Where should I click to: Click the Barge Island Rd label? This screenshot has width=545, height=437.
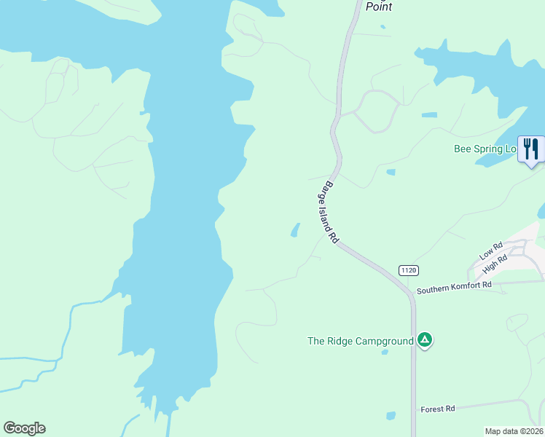tap(332, 212)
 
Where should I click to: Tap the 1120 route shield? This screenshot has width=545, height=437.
tap(408, 270)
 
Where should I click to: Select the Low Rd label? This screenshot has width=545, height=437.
tap(491, 252)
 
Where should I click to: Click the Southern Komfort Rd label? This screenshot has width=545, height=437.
tap(454, 288)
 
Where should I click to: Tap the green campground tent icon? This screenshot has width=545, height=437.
tap(425, 340)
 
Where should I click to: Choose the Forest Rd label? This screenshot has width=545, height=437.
tap(437, 409)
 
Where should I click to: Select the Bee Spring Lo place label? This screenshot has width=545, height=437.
tap(485, 149)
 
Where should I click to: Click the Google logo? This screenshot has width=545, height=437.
tap(24, 428)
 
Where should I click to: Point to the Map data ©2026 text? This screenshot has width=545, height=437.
tap(514, 431)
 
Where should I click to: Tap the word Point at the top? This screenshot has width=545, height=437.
tap(379, 7)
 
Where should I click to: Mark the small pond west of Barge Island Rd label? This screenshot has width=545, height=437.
tap(295, 230)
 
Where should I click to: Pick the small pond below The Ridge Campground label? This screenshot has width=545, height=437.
tap(384, 353)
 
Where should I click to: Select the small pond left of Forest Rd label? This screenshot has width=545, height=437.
tap(391, 416)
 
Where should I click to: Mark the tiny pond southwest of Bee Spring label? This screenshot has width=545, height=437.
tap(391, 173)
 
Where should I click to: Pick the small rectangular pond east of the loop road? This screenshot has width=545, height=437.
tap(429, 115)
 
